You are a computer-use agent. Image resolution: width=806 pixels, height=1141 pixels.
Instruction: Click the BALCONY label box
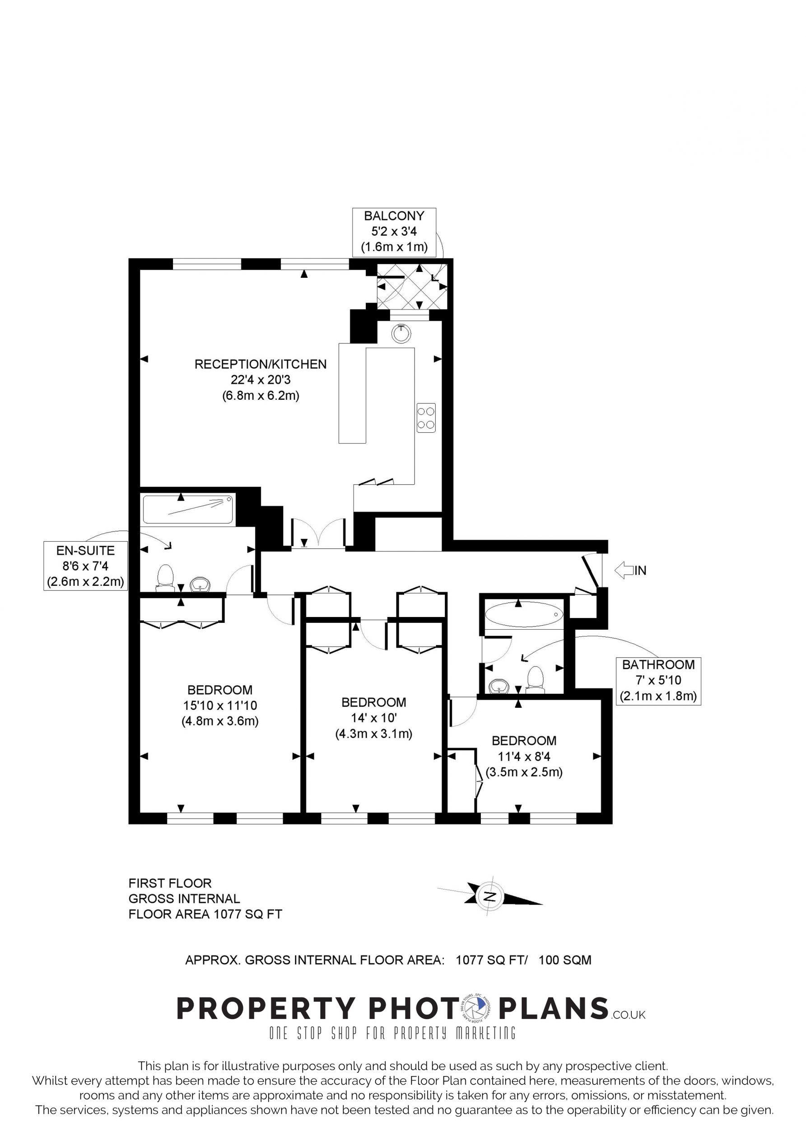(394, 232)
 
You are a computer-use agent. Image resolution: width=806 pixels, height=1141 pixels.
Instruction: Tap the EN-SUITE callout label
(85, 566)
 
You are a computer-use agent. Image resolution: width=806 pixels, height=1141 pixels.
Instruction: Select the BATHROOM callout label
(658, 680)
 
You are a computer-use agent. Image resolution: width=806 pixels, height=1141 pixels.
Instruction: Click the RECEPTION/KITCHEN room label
(261, 364)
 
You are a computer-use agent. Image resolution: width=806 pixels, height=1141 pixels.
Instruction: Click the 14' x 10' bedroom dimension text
(374, 718)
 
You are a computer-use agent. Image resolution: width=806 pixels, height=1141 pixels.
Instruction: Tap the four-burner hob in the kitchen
(426, 417)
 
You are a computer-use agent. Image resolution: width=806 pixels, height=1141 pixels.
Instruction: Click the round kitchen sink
(401, 333)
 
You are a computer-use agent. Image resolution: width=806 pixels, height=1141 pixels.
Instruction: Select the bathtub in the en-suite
(188, 510)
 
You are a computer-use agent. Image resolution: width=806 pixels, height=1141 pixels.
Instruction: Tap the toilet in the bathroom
(536, 680)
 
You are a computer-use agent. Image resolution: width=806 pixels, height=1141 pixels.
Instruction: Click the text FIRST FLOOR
(170, 883)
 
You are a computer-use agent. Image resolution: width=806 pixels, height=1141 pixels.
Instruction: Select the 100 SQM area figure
(565, 959)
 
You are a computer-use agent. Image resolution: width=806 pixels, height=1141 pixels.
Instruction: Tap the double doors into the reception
(318, 533)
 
